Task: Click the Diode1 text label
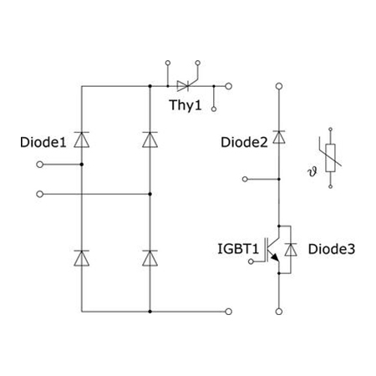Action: pyautogui.click(x=43, y=142)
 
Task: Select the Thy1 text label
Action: pyautogui.click(x=185, y=105)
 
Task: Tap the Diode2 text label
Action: pyautogui.click(x=244, y=142)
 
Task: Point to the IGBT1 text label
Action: pyautogui.click(x=238, y=249)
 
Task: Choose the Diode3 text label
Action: pyautogui.click(x=332, y=249)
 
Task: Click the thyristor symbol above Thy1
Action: pyautogui.click(x=184, y=86)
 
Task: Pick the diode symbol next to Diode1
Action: pyautogui.click(x=82, y=140)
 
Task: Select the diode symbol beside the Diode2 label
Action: pyautogui.click(x=279, y=137)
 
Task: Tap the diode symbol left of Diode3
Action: pyautogui.click(x=291, y=250)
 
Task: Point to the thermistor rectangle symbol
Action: pyautogui.click(x=330, y=158)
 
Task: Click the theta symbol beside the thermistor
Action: pyautogui.click(x=312, y=172)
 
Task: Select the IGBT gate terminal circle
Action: pyautogui.click(x=251, y=262)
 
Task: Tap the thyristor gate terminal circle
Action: pyautogui.click(x=198, y=63)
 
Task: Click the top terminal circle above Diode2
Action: pyautogui.click(x=279, y=86)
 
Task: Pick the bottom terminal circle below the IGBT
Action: pyautogui.click(x=279, y=312)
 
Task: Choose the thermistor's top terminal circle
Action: pyautogui.click(x=330, y=130)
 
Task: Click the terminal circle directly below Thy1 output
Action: pyautogui.click(x=214, y=109)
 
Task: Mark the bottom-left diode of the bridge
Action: pyautogui.click(x=82, y=258)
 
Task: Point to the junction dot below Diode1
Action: pyautogui.click(x=82, y=165)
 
